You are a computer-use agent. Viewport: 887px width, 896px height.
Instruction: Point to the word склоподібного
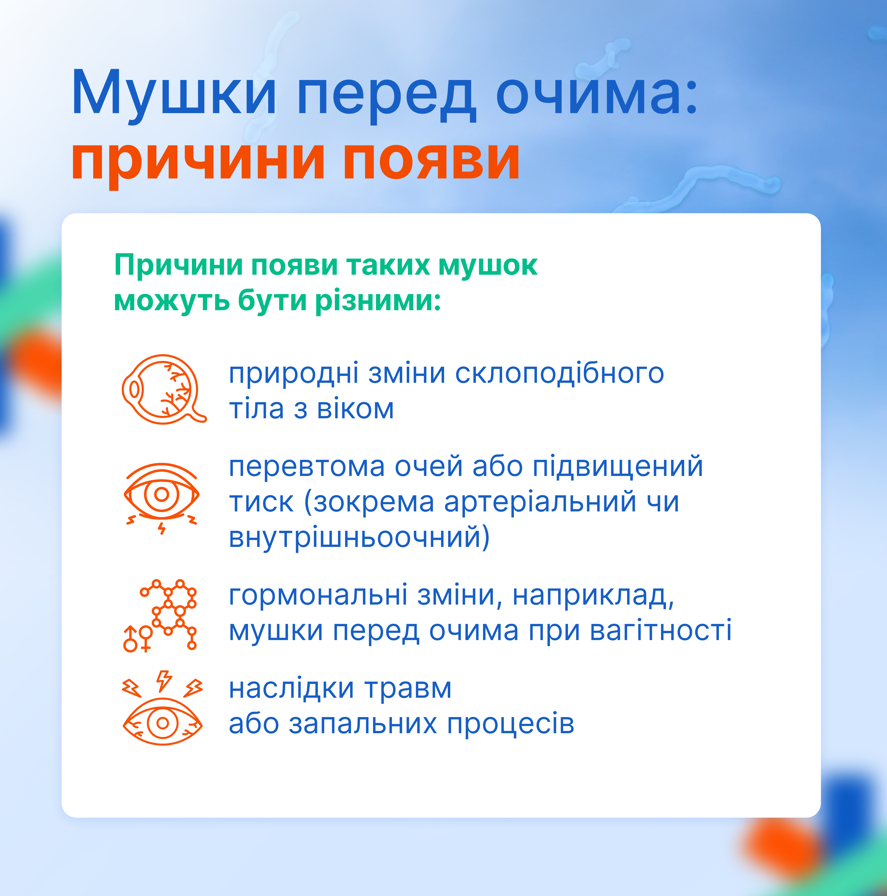pos(560,374)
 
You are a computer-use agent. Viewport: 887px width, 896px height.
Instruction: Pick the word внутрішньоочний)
pos(359,538)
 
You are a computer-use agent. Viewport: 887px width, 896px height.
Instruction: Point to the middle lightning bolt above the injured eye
pos(164,681)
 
